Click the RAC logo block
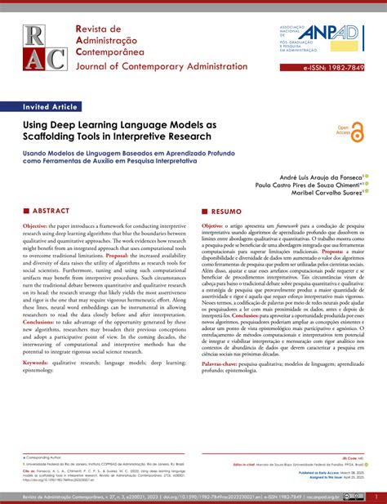[46, 47]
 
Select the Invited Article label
[51, 106]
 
